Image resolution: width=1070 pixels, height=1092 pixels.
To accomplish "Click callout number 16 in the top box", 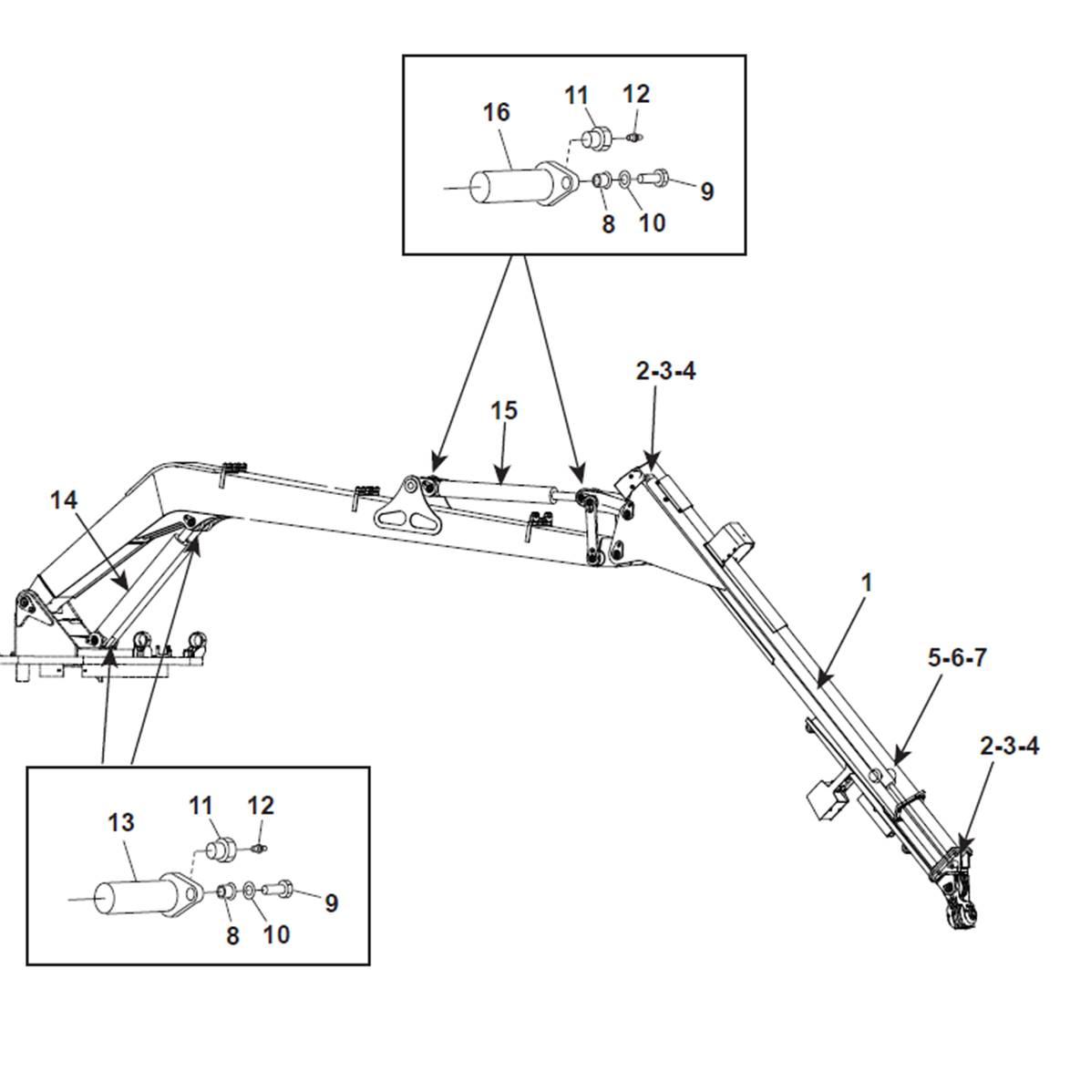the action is (497, 112).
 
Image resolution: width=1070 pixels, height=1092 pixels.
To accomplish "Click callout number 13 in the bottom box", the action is (121, 822).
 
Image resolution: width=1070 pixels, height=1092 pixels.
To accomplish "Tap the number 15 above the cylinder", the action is (504, 411).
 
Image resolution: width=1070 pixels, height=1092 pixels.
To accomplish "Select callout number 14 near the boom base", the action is (64, 500).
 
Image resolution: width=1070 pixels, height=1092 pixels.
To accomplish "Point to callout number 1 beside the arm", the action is (867, 582).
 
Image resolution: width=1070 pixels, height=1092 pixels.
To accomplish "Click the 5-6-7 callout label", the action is (957, 657).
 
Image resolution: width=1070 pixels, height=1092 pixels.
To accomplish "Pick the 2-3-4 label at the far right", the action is (1010, 746).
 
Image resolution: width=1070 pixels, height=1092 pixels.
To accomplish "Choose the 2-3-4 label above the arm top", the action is (665, 371).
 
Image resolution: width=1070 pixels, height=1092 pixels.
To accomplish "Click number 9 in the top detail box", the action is (707, 191).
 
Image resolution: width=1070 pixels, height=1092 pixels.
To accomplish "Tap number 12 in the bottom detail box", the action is (261, 806).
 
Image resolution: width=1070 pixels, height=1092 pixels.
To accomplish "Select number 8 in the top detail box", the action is (609, 224).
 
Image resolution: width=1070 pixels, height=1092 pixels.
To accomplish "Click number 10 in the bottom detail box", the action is (276, 934).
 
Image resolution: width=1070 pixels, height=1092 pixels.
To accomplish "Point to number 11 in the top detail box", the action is (576, 96).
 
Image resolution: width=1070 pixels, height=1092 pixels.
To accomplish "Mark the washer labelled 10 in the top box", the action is (624, 179).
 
